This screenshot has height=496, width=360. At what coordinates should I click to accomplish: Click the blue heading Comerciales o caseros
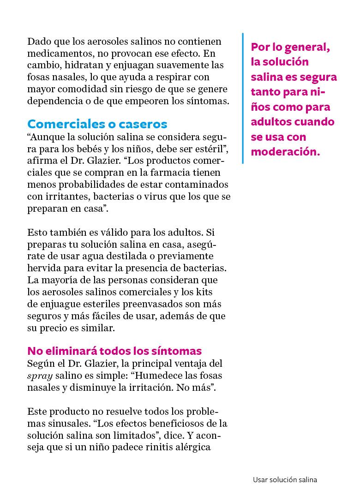tap(97, 124)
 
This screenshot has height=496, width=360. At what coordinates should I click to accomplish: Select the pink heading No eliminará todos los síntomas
tap(114, 350)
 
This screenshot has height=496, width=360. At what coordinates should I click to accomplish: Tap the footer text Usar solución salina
tap(285, 480)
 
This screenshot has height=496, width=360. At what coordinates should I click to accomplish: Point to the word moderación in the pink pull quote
tap(285, 152)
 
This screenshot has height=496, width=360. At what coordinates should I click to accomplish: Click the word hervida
tap(42, 268)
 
